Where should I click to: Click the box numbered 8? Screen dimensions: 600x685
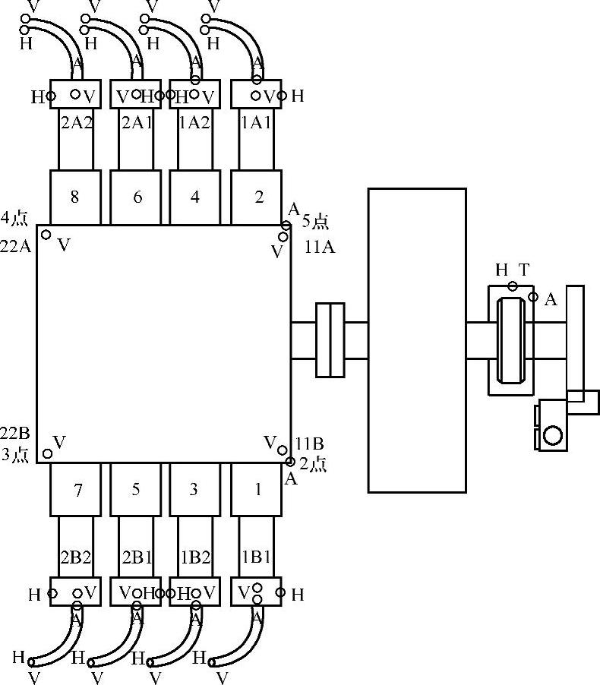75,197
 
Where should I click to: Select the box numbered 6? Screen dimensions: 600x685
135,197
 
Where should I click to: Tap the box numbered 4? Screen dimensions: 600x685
195,197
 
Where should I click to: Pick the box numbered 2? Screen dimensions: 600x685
256,197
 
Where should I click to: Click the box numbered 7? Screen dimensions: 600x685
75,489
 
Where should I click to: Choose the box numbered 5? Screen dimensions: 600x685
135,489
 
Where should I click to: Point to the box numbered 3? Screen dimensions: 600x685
195,489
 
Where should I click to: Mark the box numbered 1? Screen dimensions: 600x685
256,489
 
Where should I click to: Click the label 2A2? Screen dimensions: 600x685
77,123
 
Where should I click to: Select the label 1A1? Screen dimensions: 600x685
257,123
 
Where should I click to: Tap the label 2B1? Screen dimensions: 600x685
137,557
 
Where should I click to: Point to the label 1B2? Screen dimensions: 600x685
195,557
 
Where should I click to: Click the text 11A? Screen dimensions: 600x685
320,248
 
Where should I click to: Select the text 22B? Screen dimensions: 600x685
15,434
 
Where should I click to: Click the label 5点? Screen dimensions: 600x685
315,222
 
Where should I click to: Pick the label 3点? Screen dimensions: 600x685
15,455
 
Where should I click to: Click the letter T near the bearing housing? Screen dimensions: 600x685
524,270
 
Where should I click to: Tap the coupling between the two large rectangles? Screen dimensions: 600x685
330,340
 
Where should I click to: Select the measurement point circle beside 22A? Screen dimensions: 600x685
46,235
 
